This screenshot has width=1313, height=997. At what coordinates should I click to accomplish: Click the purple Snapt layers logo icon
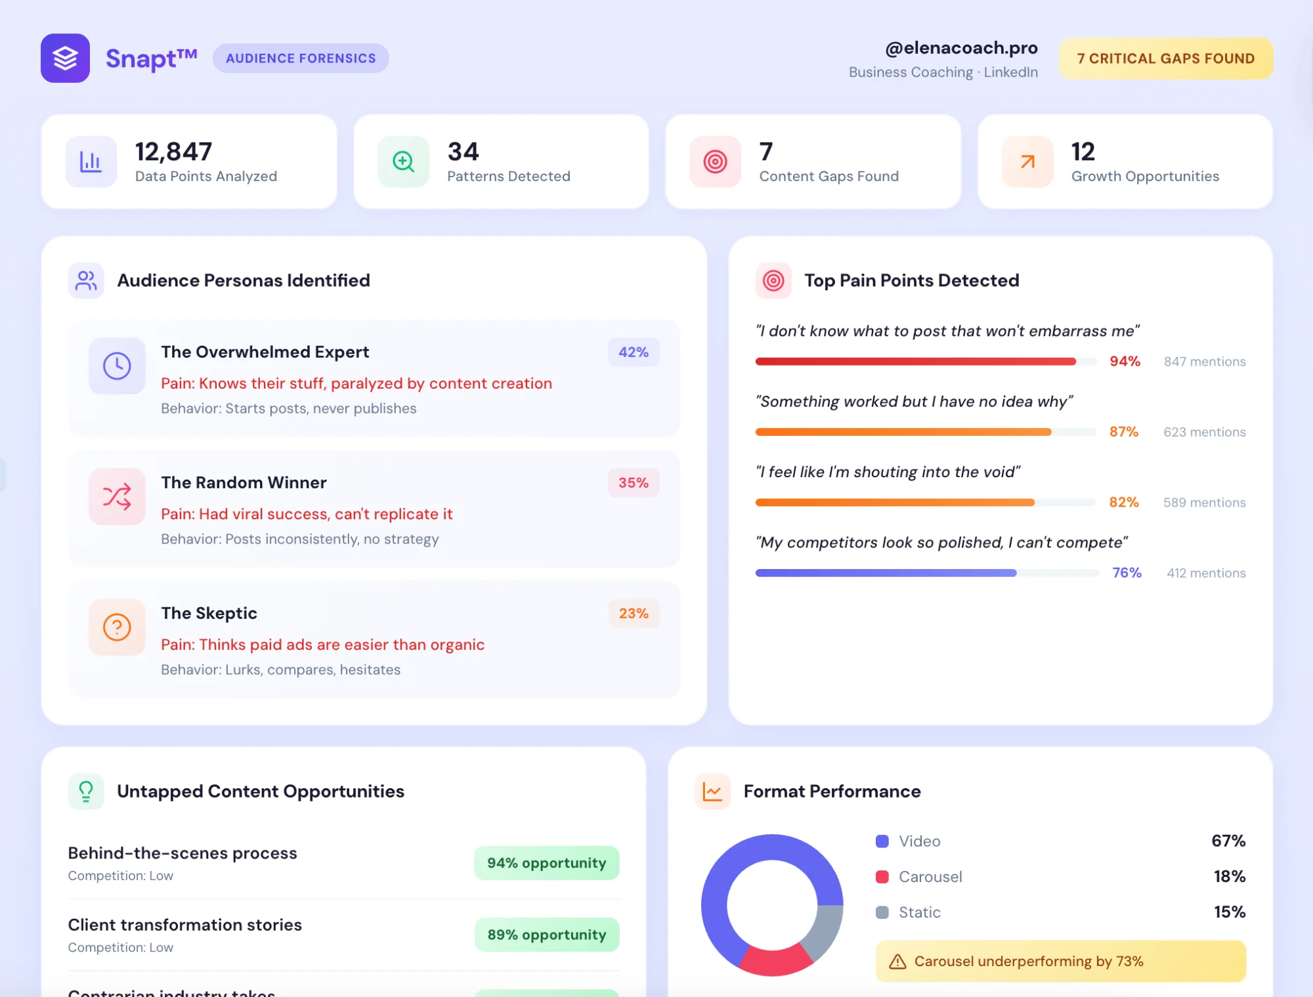click(x=65, y=58)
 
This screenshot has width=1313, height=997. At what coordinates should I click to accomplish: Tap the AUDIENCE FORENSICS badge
click(x=301, y=58)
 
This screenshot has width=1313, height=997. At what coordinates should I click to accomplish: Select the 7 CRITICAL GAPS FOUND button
click(x=1165, y=58)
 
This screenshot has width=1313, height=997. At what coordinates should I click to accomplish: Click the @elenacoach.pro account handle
click(x=961, y=48)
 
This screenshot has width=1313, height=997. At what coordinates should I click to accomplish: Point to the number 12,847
click(x=173, y=152)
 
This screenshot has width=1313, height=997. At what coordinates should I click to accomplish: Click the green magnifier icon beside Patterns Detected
click(x=403, y=161)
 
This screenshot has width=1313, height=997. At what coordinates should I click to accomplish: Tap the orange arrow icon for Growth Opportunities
click(x=1027, y=161)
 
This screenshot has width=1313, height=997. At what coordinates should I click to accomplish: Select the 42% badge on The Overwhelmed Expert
click(x=633, y=352)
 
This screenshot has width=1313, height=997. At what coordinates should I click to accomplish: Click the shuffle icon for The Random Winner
click(x=117, y=497)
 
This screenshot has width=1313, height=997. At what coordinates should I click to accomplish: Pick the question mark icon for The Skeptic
click(x=117, y=627)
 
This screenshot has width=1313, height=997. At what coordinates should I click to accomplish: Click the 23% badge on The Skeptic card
click(x=633, y=614)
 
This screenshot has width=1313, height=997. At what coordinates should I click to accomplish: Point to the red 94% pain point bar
click(x=915, y=362)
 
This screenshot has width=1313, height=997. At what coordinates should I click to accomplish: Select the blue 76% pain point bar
click(x=886, y=573)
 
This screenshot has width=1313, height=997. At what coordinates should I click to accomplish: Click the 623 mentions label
click(x=1204, y=432)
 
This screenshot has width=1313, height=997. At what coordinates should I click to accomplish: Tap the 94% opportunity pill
click(x=546, y=863)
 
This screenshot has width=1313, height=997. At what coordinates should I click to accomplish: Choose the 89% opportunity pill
click(x=546, y=935)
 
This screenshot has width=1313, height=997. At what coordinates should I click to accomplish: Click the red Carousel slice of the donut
click(x=775, y=962)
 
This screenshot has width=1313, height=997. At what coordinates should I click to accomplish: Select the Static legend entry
click(x=918, y=912)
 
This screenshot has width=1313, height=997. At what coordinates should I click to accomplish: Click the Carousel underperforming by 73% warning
click(x=1060, y=962)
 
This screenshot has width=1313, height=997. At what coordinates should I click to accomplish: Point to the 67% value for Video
click(x=1228, y=841)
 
